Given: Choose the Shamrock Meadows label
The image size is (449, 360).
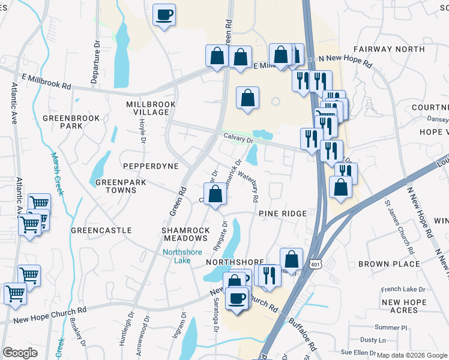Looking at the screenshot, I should point(187,234).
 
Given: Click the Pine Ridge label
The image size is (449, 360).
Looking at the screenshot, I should point(283,214).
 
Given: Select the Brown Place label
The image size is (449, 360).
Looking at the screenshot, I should point(388,263).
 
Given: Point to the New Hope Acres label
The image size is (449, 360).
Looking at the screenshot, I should point(399,306).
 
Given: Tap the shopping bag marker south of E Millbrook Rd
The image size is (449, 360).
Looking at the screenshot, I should point(247,98).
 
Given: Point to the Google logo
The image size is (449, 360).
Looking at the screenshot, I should point(20,353).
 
